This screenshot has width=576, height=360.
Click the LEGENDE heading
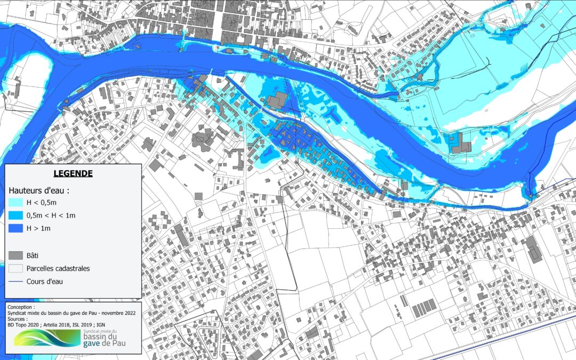(x=73, y=173)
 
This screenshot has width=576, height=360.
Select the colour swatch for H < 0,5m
(x=16, y=203)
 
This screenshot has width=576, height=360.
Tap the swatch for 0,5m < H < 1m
(x=16, y=215)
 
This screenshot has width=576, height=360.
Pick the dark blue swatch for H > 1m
(x=16, y=228)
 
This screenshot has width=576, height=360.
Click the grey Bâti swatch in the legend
(x=16, y=255)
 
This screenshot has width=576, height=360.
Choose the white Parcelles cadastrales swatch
(x=16, y=268)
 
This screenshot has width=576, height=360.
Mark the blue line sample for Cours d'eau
(x=16, y=282)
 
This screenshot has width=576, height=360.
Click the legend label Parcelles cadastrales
(x=58, y=268)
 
